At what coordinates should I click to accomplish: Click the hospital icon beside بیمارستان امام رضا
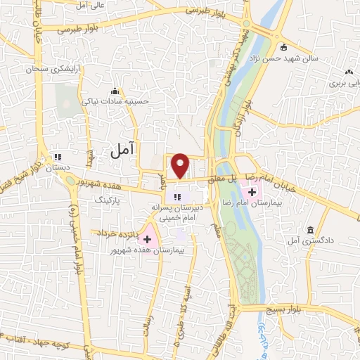pos(252,191)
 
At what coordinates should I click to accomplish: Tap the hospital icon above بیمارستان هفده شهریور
pos(147,239)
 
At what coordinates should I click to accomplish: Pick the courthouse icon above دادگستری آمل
pos(310,230)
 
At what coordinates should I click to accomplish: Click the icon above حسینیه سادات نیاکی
pos(115,91)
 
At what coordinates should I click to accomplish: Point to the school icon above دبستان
pos(58,157)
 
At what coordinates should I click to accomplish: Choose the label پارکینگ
pos(109,200)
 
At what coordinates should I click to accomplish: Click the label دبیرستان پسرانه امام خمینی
pos(179,213)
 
